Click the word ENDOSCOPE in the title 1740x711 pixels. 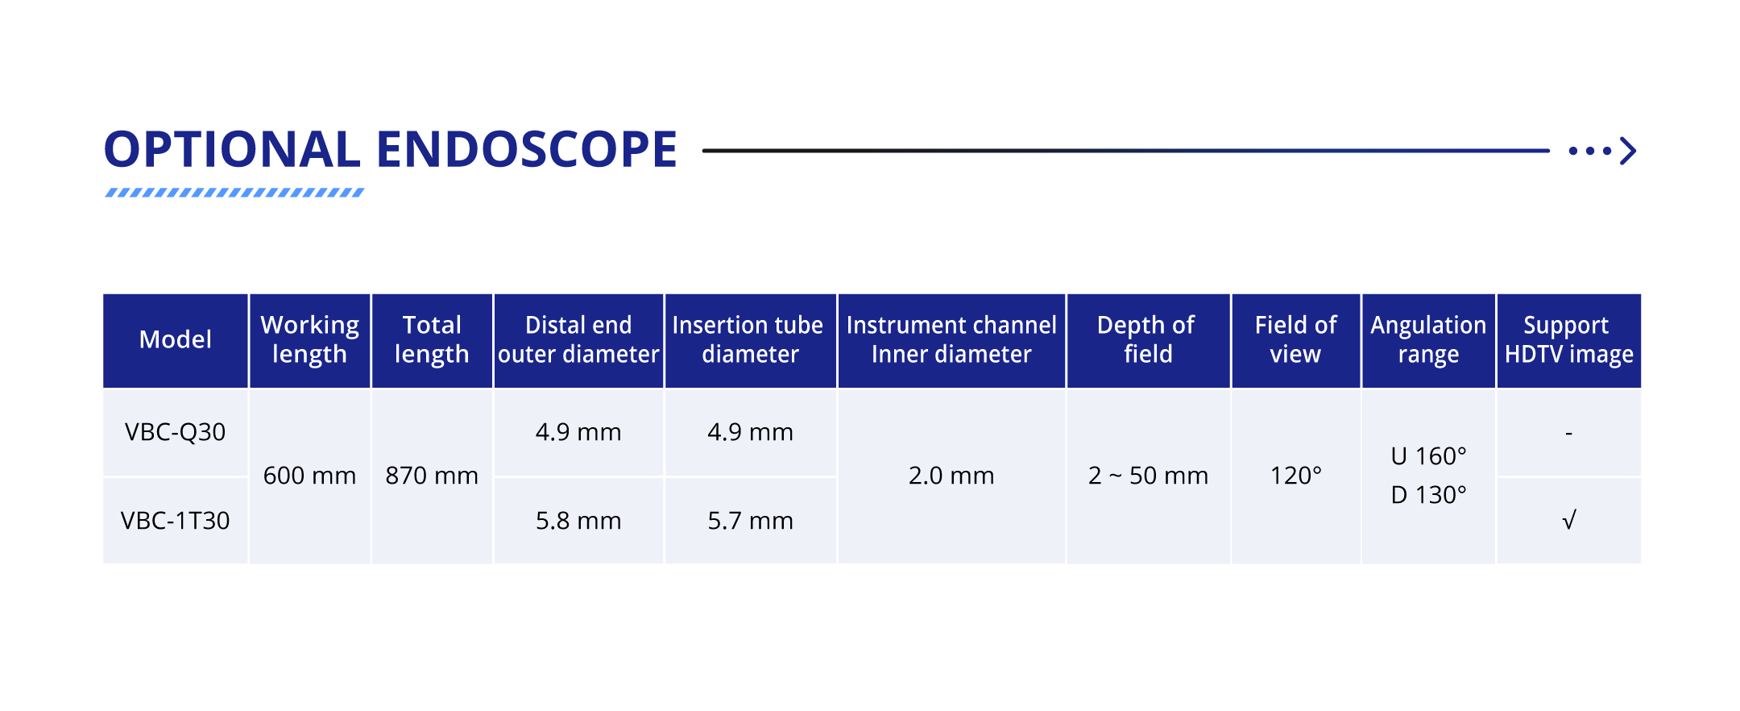(x=527, y=149)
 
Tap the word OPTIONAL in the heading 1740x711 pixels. (x=232, y=149)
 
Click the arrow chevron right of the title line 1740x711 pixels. (x=1628, y=151)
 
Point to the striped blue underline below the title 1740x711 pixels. (x=234, y=193)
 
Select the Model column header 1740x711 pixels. (x=176, y=339)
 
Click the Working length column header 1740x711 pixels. (x=310, y=339)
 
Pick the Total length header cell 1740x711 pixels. (x=432, y=339)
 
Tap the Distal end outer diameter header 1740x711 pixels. (x=578, y=339)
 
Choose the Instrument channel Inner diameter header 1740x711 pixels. (x=951, y=339)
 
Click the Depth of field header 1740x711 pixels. (x=1147, y=339)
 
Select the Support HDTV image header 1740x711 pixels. (x=1568, y=339)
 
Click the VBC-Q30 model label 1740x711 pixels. (x=176, y=432)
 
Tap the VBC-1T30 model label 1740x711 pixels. (x=176, y=521)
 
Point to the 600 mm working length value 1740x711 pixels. (x=310, y=476)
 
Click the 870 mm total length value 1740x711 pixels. (x=432, y=476)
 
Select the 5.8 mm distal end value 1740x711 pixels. (x=578, y=521)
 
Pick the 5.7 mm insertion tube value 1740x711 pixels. (x=751, y=521)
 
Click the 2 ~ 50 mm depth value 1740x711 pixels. (x=1148, y=476)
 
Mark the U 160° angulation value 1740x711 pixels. (x=1429, y=456)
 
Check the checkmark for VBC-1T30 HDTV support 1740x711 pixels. (x=1569, y=521)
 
